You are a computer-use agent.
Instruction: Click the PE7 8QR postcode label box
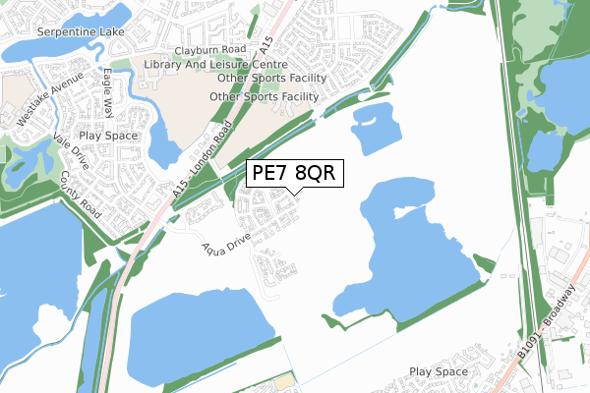[293, 173]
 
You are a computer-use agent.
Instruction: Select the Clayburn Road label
[209, 49]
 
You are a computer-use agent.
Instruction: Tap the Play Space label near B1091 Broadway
[439, 372]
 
